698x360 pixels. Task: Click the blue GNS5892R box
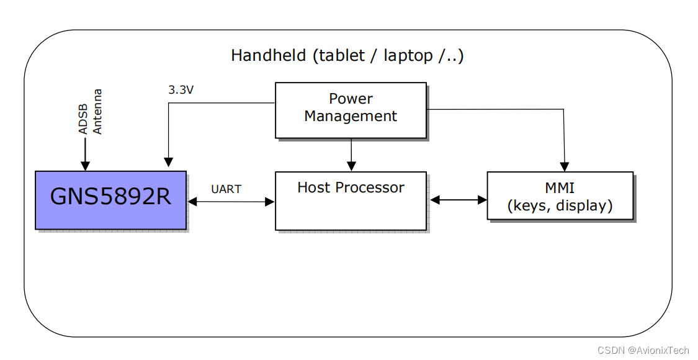pyautogui.click(x=111, y=200)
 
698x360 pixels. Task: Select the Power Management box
pyautogui.click(x=351, y=110)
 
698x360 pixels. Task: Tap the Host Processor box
pyautogui.click(x=351, y=201)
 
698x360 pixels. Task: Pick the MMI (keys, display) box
pyautogui.click(x=560, y=196)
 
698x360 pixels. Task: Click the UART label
pyautogui.click(x=226, y=189)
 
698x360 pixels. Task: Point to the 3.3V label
pyautogui.click(x=181, y=90)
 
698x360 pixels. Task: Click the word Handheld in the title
pyautogui.click(x=269, y=55)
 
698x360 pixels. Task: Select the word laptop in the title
pyautogui.click(x=408, y=56)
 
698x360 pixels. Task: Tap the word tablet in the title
pyautogui.click(x=339, y=55)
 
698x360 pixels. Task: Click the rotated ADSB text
pyautogui.click(x=83, y=119)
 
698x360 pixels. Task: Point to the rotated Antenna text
pyautogui.click(x=97, y=112)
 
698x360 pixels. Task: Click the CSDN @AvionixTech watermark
pyautogui.click(x=643, y=349)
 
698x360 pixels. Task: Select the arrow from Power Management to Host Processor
pyautogui.click(x=351, y=155)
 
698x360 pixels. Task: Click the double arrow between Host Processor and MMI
pyautogui.click(x=459, y=200)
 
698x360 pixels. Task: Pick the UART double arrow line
pyautogui.click(x=231, y=202)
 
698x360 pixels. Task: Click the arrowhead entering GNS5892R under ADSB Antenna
pyautogui.click(x=84, y=165)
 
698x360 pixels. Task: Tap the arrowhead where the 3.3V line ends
pyautogui.click(x=168, y=162)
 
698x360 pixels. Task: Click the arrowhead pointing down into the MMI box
pyautogui.click(x=565, y=166)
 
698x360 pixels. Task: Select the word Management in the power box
pyautogui.click(x=351, y=116)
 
